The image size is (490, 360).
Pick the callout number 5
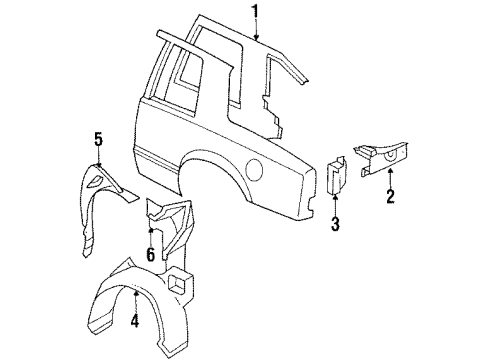click(99, 139)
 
